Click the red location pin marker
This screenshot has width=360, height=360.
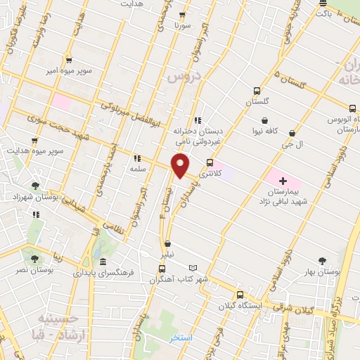181,166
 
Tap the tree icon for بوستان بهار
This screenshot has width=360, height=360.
323,261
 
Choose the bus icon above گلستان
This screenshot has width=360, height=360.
257,91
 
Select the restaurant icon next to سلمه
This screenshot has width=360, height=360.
136,159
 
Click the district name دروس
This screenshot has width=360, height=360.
186,76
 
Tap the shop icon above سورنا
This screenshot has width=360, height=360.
183,15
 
